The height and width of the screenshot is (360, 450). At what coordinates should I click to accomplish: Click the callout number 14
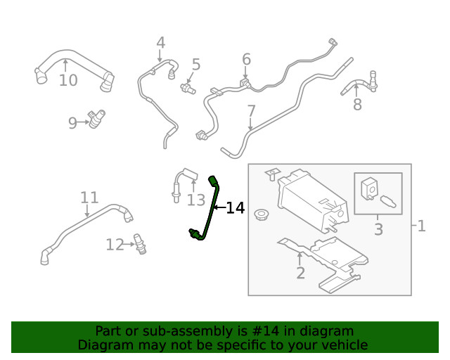(x=236, y=208)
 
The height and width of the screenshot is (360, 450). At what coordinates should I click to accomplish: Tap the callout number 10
(x=68, y=81)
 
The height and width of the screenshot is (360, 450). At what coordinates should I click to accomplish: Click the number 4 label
(x=160, y=43)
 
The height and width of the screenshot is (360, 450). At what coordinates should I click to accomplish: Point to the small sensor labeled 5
(x=188, y=89)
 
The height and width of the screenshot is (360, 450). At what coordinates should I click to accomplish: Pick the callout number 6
(x=246, y=59)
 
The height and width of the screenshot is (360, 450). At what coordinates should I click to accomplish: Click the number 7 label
(x=251, y=111)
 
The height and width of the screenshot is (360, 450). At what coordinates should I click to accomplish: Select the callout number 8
(x=357, y=105)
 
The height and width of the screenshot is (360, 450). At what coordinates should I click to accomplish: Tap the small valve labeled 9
(x=95, y=117)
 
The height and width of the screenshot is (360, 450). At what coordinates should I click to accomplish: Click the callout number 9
(x=72, y=124)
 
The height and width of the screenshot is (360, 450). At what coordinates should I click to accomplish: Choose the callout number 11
(x=89, y=197)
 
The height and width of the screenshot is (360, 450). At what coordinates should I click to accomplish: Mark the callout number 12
(x=115, y=245)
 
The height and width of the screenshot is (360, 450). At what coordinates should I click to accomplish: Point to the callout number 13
(x=195, y=201)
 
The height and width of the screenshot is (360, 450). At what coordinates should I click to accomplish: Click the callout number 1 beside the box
(x=421, y=226)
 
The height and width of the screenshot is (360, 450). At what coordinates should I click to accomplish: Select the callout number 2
(x=300, y=274)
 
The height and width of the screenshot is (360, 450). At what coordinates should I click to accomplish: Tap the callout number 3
(x=378, y=229)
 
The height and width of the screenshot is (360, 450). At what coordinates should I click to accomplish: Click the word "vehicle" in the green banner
(x=342, y=345)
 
